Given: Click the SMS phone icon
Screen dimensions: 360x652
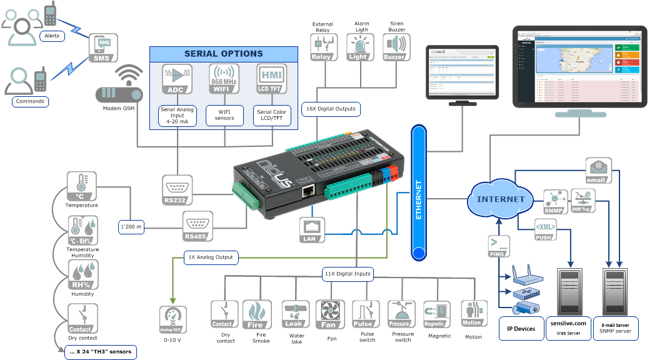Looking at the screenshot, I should click(x=103, y=47).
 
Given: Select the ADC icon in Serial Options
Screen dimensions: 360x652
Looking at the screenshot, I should click(x=178, y=79).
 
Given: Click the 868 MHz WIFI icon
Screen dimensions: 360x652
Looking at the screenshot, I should click(x=224, y=79).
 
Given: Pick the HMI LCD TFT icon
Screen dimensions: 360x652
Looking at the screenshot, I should click(x=272, y=79).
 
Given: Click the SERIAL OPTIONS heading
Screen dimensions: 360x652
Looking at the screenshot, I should click(x=223, y=54).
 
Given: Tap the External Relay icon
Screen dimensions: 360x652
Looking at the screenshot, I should click(x=323, y=47).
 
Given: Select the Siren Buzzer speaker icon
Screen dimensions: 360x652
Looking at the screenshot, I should click(x=396, y=47).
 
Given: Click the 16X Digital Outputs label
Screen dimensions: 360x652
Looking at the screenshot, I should click(x=331, y=109).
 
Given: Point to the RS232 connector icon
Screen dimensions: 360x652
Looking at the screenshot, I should click(x=177, y=190).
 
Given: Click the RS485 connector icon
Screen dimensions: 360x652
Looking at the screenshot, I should click(x=198, y=226).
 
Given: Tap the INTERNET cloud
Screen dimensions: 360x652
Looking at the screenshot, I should click(x=501, y=199).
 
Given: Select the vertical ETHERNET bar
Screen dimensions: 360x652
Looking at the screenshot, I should click(x=418, y=192).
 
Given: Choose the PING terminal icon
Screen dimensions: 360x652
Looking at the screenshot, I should click(x=498, y=246).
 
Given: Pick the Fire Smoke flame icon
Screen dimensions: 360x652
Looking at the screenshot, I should click(x=256, y=314).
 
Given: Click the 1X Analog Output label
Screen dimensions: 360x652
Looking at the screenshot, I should click(x=212, y=257).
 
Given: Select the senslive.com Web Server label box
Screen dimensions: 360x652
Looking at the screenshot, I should click(x=568, y=327).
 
